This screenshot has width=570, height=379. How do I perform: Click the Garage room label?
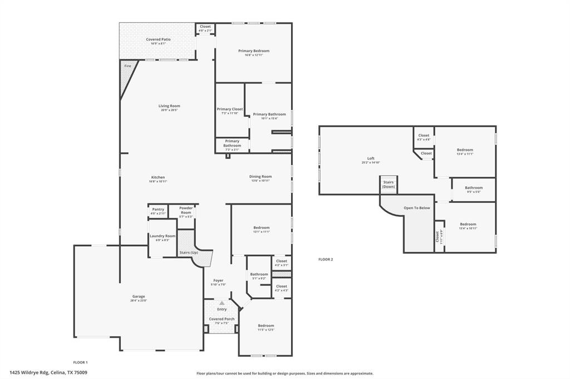(138, 296)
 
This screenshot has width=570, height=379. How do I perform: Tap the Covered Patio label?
(158, 39)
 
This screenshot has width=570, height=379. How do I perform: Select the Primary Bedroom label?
(253, 51)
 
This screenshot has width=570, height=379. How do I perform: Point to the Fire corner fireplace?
(127, 66)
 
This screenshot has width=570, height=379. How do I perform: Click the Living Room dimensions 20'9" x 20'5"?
(169, 110)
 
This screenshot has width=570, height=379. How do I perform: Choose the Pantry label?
(158, 210)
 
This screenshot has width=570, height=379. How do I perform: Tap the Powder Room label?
(186, 210)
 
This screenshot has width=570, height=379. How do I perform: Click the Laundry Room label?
(162, 236)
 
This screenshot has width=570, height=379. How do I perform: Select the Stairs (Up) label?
(189, 253)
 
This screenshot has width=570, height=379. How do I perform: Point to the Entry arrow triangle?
(222, 303)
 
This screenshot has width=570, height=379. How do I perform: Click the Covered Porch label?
(222, 319)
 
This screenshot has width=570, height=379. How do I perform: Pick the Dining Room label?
(261, 177)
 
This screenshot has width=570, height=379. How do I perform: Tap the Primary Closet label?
(229, 109)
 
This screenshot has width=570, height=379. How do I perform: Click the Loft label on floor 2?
(371, 158)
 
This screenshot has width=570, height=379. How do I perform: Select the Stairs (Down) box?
(389, 184)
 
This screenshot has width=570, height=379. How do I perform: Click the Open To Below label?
(417, 208)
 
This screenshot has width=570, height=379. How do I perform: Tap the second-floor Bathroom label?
(474, 188)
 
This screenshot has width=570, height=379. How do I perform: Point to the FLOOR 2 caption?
(326, 260)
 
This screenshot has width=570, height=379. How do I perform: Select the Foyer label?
(218, 281)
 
